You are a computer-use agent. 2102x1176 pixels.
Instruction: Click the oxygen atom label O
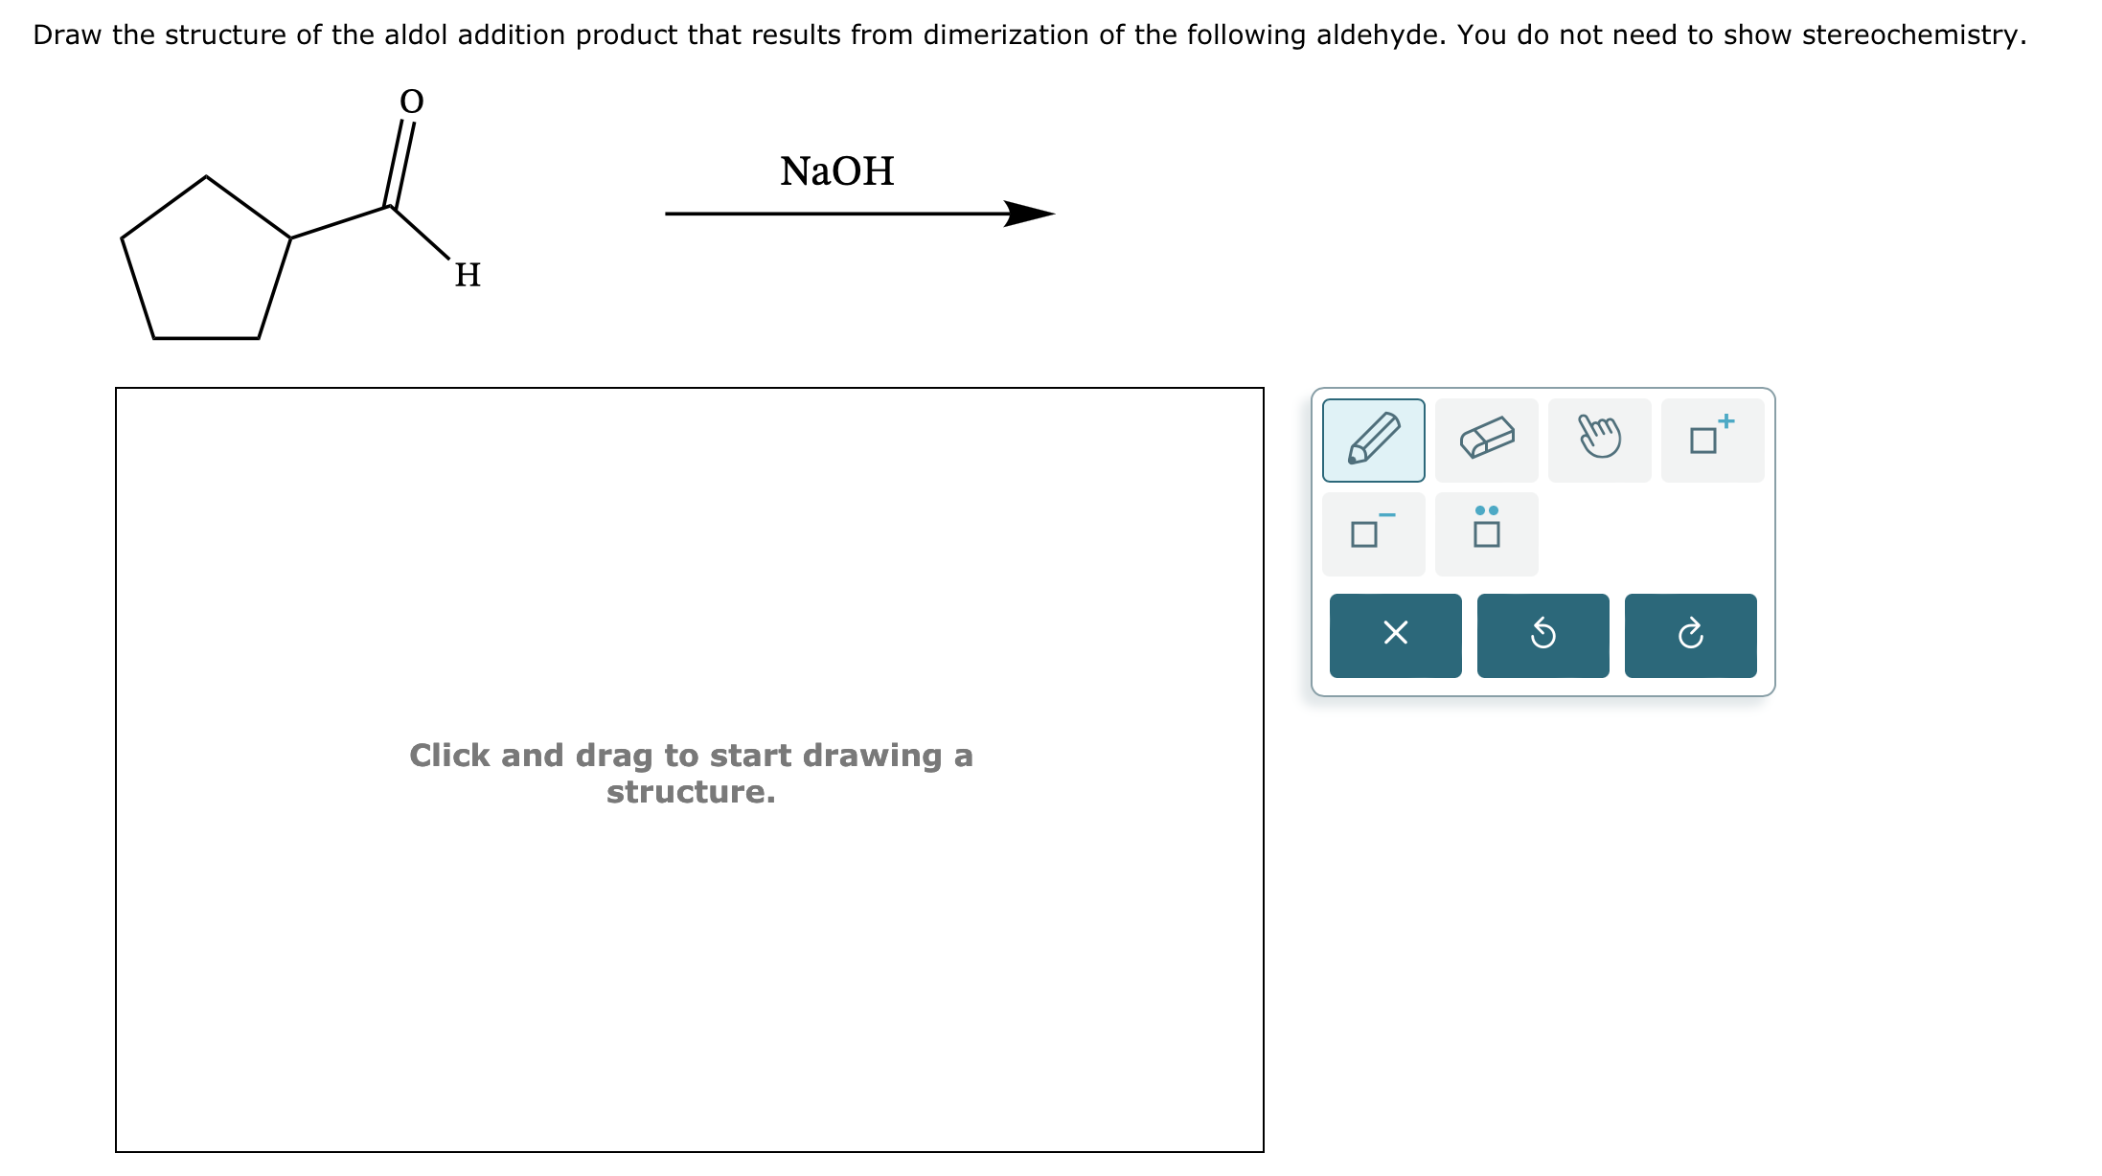coord(411,102)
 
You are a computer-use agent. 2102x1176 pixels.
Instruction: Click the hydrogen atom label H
coord(468,276)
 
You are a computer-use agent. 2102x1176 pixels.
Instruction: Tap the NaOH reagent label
coord(836,171)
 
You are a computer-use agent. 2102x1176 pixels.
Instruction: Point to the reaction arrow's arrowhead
coord(1031,214)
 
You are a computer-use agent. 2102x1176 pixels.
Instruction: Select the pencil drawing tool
coord(1373,441)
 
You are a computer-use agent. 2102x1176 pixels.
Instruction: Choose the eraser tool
coord(1486,441)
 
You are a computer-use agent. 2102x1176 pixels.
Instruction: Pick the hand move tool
coord(1599,441)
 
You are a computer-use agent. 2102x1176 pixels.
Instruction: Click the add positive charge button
coord(1712,441)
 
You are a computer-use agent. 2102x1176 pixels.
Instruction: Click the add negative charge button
coord(1373,534)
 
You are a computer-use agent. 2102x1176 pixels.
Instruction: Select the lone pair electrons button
coord(1486,534)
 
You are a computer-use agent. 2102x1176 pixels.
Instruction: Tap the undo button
coord(1542,635)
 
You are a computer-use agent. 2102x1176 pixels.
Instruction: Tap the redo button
coord(1690,635)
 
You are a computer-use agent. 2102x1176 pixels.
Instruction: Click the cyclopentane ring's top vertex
coord(206,177)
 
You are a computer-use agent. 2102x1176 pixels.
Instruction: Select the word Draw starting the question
coord(67,35)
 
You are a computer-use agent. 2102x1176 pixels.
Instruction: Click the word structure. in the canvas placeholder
coord(691,793)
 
